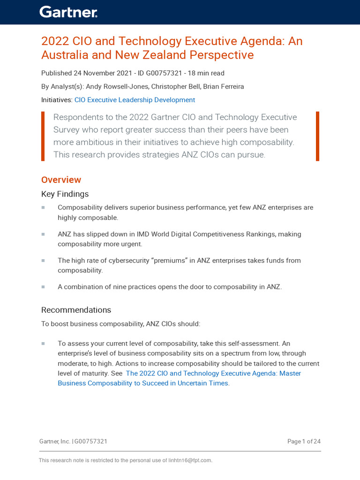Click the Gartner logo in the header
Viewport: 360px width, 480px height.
click(x=68, y=12)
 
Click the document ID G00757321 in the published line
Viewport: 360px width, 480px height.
click(x=161, y=73)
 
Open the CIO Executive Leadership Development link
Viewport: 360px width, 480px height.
click(x=135, y=100)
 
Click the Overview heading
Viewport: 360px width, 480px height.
click(x=61, y=180)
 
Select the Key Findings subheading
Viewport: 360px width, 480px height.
click(x=65, y=194)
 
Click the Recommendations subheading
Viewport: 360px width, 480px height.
click(x=76, y=310)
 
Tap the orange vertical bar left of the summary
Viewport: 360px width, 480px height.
click(x=43, y=136)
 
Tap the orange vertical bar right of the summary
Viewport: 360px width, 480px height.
click(x=317, y=136)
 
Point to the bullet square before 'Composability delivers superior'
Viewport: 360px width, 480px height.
click(x=43, y=207)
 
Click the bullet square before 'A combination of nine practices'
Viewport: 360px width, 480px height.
click(x=43, y=286)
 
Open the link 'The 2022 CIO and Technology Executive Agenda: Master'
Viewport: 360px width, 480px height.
click(x=213, y=373)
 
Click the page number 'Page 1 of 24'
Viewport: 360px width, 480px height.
click(x=304, y=441)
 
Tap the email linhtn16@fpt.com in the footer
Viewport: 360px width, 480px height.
click(x=190, y=460)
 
